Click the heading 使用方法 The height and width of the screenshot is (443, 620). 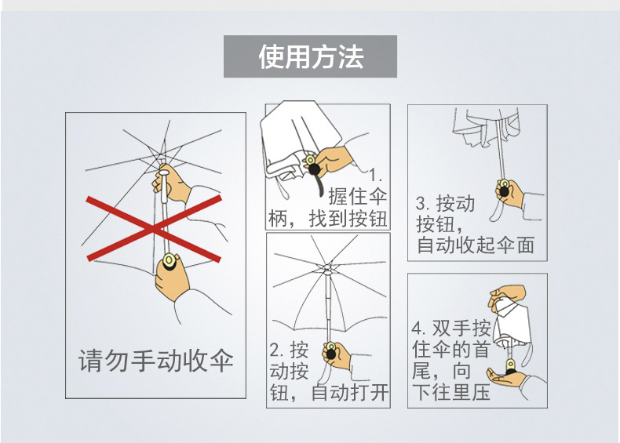point(311,56)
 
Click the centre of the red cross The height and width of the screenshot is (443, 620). point(153,227)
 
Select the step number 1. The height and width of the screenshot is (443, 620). point(376,174)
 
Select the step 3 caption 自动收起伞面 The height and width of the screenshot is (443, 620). point(475,245)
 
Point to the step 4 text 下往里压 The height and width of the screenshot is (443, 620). point(451,391)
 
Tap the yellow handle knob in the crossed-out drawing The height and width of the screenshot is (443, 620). point(167,260)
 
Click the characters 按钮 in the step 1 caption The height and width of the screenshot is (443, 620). point(367,219)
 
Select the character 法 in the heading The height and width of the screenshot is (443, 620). point(350,56)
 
